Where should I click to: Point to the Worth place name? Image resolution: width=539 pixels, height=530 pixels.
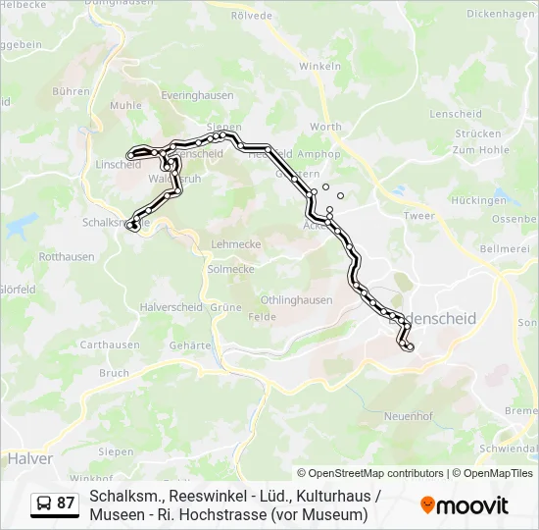(x=325, y=127)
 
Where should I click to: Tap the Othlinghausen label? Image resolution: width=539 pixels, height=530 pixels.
(x=296, y=299)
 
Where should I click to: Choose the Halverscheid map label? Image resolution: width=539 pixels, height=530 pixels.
(x=171, y=307)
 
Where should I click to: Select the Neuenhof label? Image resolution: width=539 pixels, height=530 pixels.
(x=409, y=415)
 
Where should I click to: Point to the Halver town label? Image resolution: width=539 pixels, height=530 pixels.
(x=29, y=457)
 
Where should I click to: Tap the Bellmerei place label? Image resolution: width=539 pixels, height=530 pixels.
(x=504, y=249)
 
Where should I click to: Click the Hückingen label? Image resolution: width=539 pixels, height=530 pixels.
(x=479, y=200)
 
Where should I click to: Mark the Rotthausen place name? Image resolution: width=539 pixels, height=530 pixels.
(x=67, y=257)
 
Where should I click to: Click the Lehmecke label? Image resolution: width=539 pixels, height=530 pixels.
(x=232, y=243)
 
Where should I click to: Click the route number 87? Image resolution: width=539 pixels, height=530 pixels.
(x=66, y=503)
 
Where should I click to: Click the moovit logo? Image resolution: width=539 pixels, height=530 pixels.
(x=465, y=504)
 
